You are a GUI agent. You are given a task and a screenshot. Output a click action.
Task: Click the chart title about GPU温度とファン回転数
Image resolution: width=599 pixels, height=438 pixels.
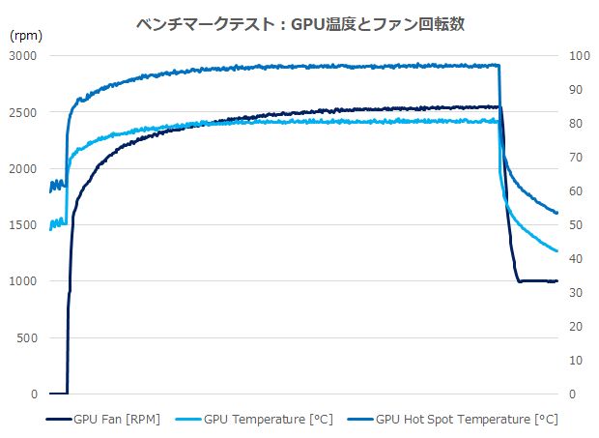click(300, 24)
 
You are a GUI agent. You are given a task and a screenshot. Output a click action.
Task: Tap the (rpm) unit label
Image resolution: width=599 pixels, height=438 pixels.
click(26, 34)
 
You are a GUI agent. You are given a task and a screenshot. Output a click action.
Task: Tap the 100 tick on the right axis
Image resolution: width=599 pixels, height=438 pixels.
click(578, 56)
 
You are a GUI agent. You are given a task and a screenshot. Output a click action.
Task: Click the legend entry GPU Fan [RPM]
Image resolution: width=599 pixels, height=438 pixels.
click(117, 419)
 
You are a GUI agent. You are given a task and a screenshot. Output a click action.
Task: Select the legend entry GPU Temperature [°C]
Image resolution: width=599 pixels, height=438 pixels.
click(266, 419)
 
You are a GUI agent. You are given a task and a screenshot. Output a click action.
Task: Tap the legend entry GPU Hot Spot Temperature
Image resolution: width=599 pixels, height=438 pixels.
click(466, 419)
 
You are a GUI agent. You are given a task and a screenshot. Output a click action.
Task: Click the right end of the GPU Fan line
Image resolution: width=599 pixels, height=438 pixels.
click(557, 281)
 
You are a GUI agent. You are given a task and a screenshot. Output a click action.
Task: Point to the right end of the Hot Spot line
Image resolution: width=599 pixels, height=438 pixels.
click(557, 213)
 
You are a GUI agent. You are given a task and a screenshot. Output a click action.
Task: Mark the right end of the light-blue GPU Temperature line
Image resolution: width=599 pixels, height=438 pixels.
click(557, 251)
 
